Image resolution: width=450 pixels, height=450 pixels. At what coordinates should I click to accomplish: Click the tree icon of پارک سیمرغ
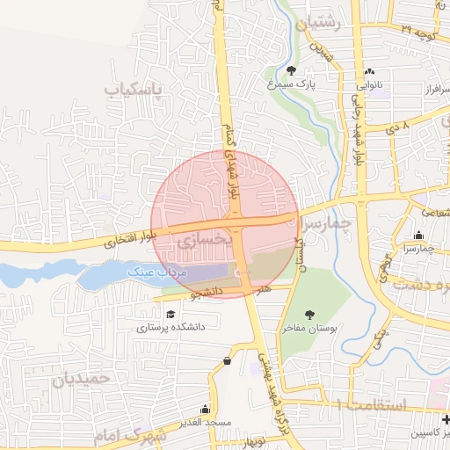pos(292,71)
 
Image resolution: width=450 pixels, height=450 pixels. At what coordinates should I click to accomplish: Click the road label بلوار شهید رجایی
pos(358,131)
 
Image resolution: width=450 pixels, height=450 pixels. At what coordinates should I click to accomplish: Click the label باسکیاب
pos(134,89)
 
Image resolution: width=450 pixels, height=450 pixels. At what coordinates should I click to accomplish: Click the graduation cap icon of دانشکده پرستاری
pos(169,314)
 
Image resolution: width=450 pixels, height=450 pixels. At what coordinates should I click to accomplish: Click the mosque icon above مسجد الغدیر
pos(206,409)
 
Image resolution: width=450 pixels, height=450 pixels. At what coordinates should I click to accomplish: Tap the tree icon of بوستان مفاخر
pos(309,314)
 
